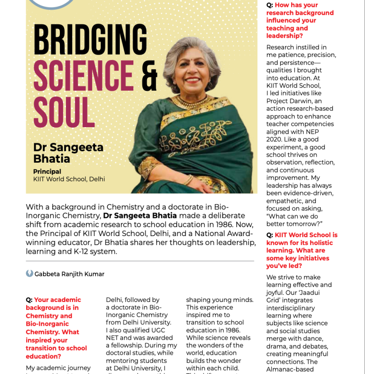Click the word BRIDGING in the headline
(x=90, y=40)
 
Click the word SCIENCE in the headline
(x=84, y=76)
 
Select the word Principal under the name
(x=47, y=172)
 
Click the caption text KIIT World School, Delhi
(x=69, y=179)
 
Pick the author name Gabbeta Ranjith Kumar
(x=69, y=274)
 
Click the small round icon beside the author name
(x=29, y=273)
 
